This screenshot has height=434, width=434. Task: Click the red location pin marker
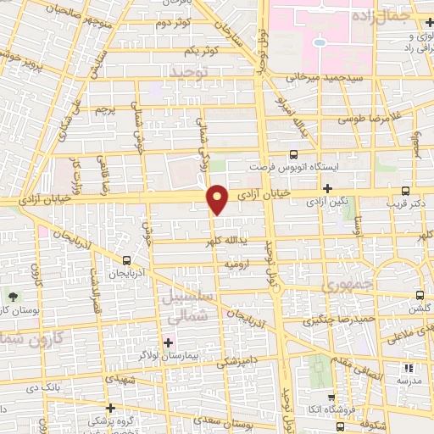coord(219,198)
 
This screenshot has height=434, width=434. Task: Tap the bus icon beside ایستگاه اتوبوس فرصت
coord(294,154)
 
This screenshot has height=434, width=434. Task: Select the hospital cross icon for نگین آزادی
coord(327,187)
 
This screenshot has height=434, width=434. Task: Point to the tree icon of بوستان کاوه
coord(14,296)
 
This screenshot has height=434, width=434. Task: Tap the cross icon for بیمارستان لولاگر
coord(168,342)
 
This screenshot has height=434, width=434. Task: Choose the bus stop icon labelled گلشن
coord(421,295)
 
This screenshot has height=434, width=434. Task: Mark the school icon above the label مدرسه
coord(409,369)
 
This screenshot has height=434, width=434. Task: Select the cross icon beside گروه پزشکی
coord(110,408)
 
